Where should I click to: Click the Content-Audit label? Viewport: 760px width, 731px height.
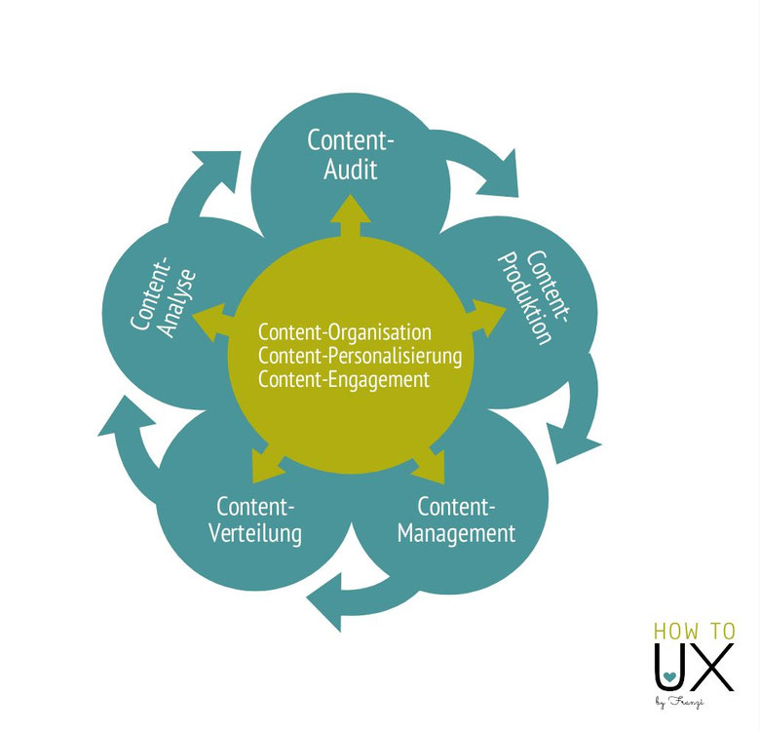(x=351, y=154)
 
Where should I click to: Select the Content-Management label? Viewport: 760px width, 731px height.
(x=456, y=520)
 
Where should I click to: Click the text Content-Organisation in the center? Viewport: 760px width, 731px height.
(x=344, y=332)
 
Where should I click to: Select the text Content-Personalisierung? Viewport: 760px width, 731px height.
(x=360, y=356)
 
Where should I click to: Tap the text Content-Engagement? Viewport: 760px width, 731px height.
(x=343, y=379)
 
